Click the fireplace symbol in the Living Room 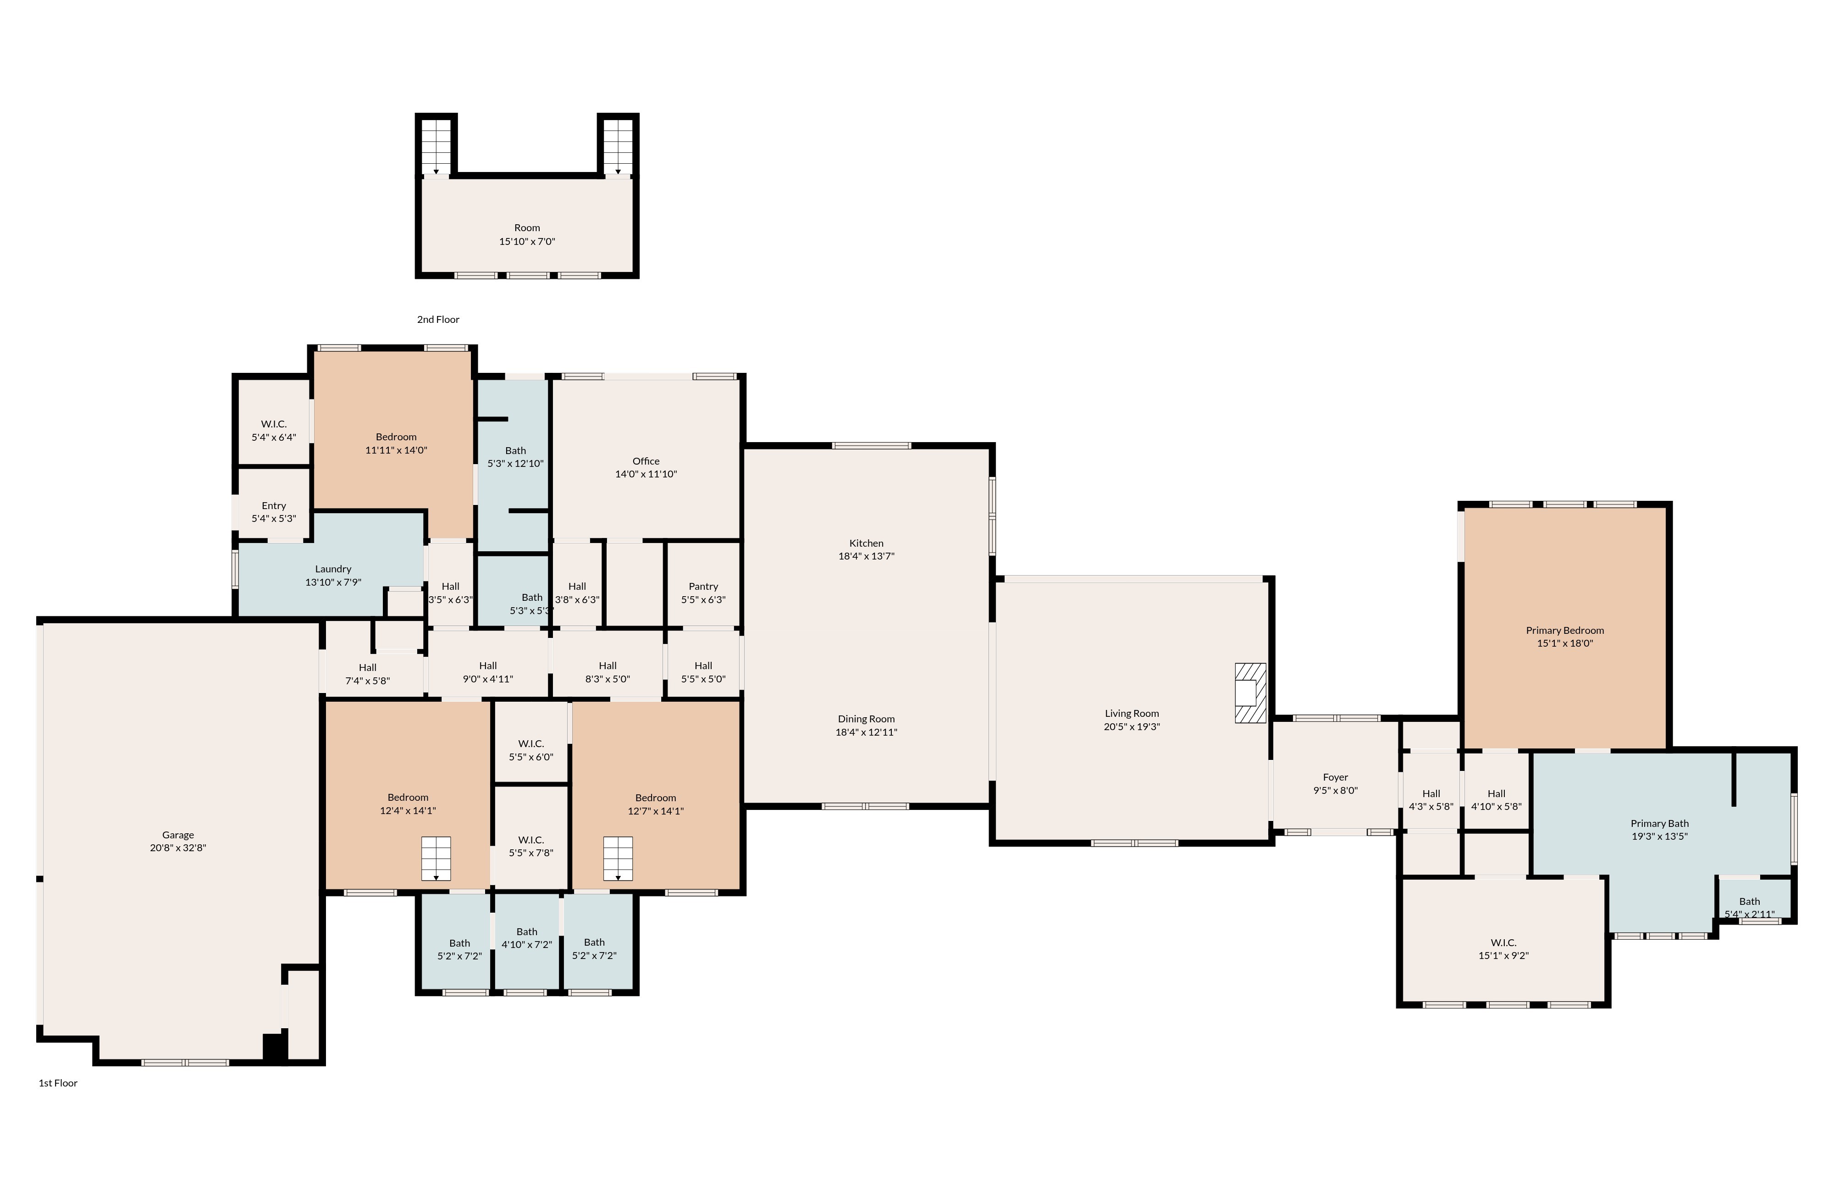1250,693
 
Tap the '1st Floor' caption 58,1083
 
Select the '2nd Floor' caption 438,319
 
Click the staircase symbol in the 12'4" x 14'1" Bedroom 436,858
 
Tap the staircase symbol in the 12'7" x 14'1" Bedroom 617,858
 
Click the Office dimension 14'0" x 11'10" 646,474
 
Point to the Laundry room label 333,569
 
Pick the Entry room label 274,505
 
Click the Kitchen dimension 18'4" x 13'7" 866,556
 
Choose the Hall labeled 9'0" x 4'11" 488,672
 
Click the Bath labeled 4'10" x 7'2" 527,938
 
